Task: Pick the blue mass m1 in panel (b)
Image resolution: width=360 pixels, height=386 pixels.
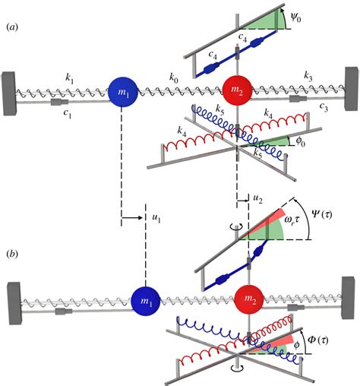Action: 146,301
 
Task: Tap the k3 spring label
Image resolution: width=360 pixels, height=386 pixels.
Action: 308,77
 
